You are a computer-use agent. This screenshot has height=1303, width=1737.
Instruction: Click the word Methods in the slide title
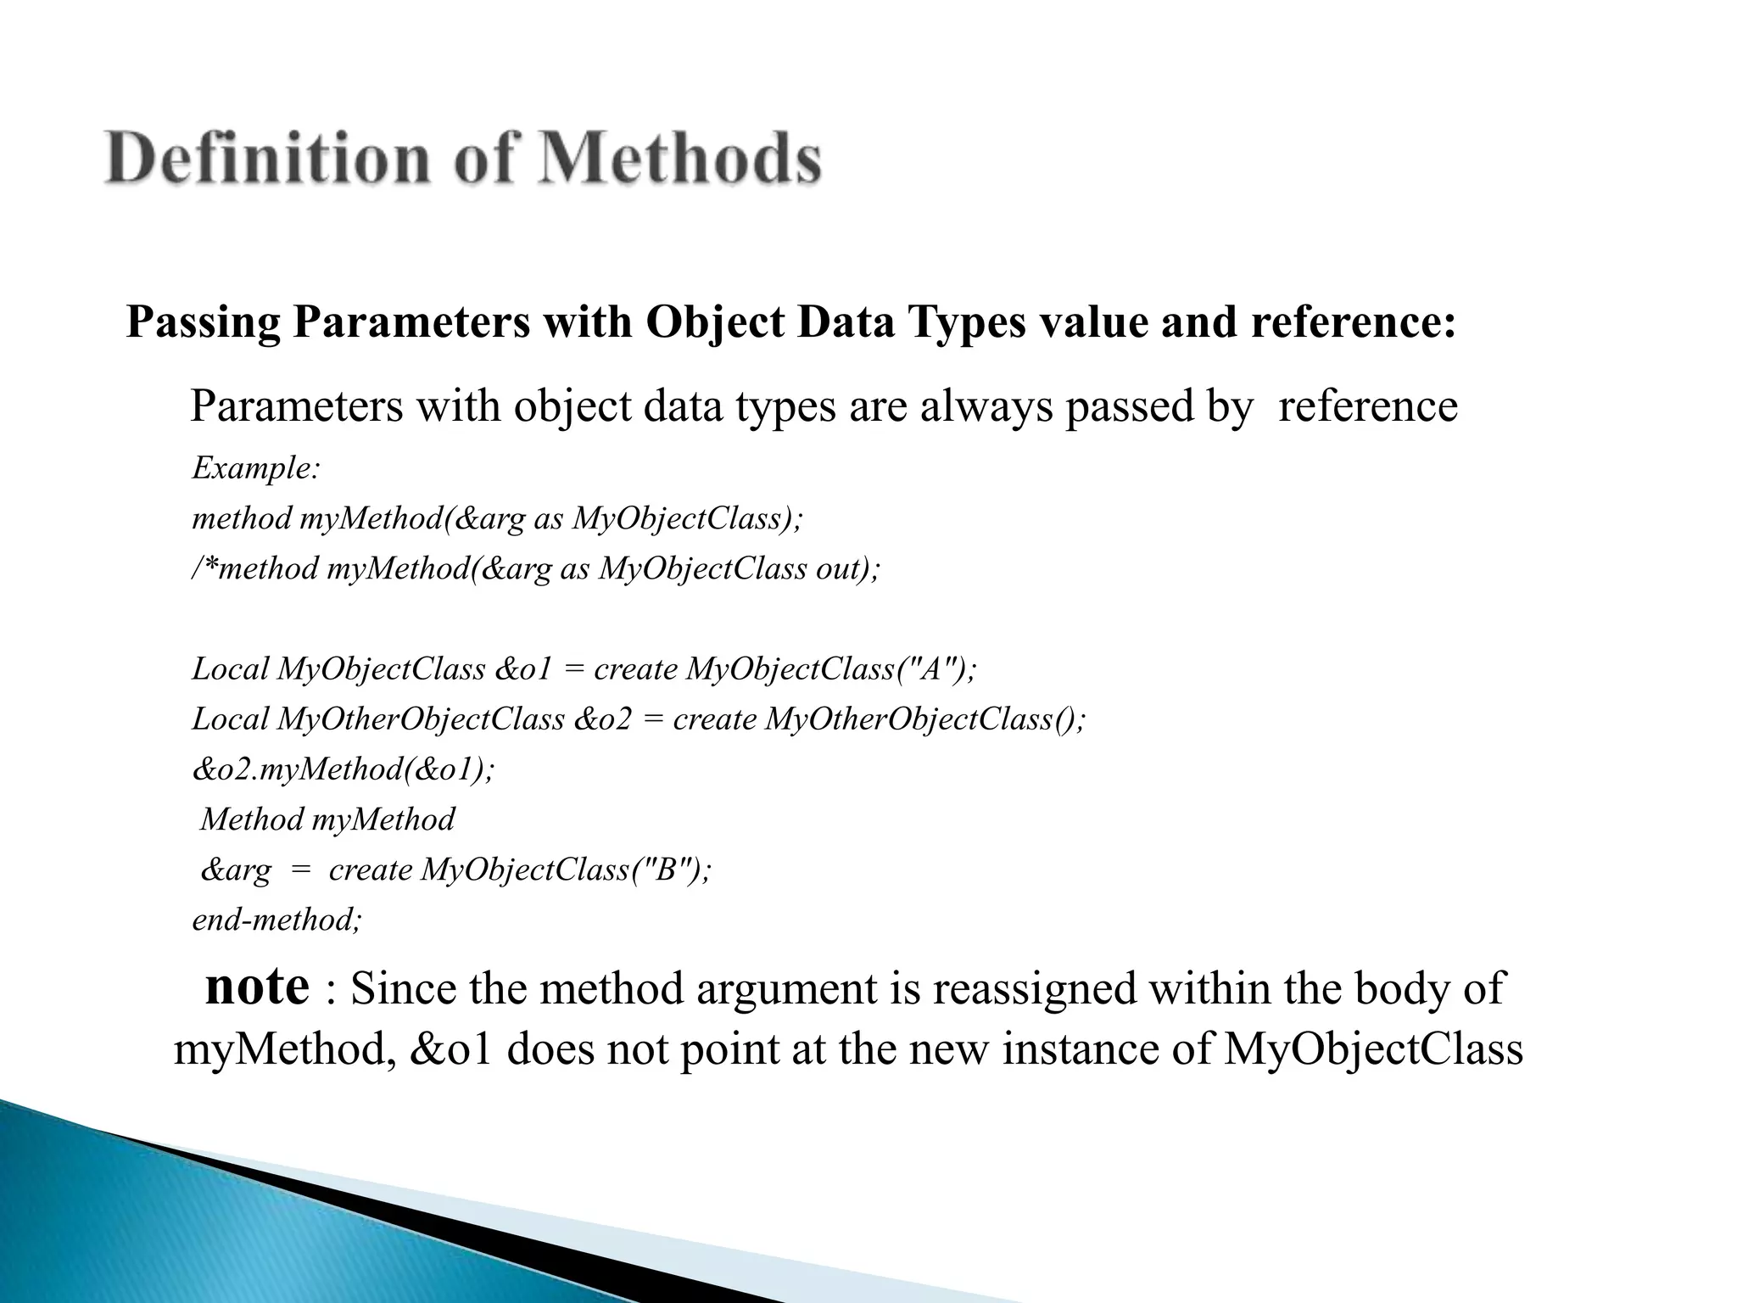pyautogui.click(x=679, y=159)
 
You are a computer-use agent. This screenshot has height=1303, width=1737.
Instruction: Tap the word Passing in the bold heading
pyautogui.click(x=204, y=322)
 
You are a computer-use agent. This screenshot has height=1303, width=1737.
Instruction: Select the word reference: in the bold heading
pyautogui.click(x=1354, y=322)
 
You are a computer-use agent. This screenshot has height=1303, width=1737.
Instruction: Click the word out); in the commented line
pyautogui.click(x=848, y=568)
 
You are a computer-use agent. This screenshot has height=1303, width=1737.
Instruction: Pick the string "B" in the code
pyautogui.click(x=666, y=870)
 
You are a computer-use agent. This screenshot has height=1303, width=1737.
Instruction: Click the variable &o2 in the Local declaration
pyautogui.click(x=603, y=719)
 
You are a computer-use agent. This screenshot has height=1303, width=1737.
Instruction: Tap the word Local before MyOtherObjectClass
pyautogui.click(x=231, y=719)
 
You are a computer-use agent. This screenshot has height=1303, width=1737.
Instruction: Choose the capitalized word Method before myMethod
pyautogui.click(x=252, y=819)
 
